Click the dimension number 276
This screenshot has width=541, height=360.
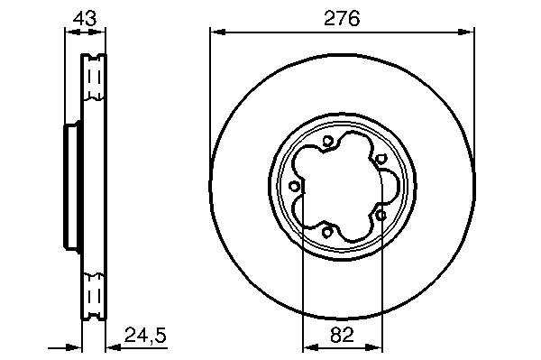(x=342, y=18)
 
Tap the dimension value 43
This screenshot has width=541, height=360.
(x=85, y=18)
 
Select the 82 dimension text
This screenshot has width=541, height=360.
(x=342, y=335)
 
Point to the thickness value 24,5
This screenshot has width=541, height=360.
(x=145, y=335)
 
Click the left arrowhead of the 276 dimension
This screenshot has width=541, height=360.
(x=217, y=32)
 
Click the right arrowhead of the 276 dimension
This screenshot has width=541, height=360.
(x=466, y=32)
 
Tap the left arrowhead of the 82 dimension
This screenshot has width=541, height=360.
(x=310, y=346)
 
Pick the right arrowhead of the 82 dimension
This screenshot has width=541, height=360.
(x=375, y=346)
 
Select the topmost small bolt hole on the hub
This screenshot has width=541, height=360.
(x=327, y=141)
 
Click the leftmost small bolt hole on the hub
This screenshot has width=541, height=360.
(x=294, y=187)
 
